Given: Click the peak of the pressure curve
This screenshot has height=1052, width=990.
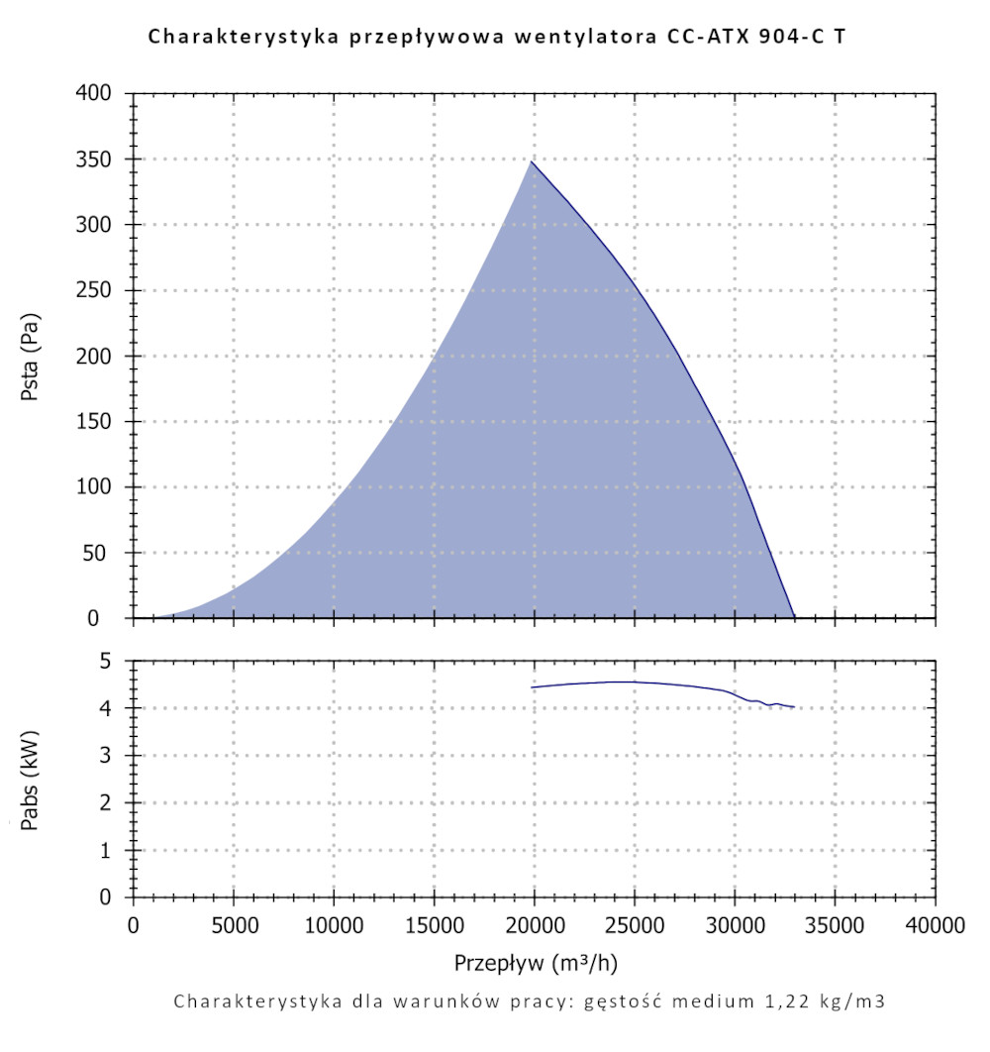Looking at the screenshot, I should pyautogui.click(x=532, y=161).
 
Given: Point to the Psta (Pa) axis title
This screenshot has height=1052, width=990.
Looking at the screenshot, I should pyautogui.click(x=31, y=356).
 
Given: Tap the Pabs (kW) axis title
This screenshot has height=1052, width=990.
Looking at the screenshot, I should pyautogui.click(x=31, y=780).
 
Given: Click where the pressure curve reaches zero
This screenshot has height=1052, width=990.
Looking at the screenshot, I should pyautogui.click(x=795, y=617).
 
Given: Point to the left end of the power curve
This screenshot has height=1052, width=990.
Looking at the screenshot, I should pyautogui.click(x=533, y=687).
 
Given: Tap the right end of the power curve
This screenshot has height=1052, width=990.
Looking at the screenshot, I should pyautogui.click(x=795, y=707).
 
